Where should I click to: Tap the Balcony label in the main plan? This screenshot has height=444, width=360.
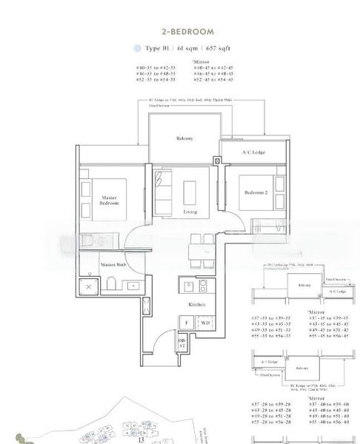coord(184,138)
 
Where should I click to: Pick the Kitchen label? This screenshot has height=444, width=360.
coord(185,305)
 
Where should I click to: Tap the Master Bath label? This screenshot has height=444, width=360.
coord(113,265)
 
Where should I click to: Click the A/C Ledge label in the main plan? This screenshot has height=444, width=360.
coord(253,152)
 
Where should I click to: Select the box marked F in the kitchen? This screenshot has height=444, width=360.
coord(185,323)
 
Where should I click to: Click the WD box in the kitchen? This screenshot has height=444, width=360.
coord(204,323)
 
